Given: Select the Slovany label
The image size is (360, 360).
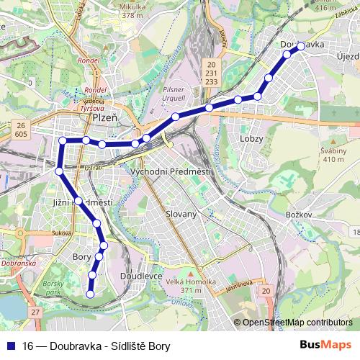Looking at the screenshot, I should [181, 214].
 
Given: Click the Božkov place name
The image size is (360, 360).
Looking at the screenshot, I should [297, 215].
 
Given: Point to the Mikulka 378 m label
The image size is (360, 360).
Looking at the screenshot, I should [119, 9].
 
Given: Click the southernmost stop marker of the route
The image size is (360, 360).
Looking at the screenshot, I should [91, 293].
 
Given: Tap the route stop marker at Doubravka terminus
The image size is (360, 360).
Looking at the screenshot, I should [301, 47].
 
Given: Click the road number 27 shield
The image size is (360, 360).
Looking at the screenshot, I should [36, 312].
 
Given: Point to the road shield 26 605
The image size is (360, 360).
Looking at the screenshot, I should [20, 130].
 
